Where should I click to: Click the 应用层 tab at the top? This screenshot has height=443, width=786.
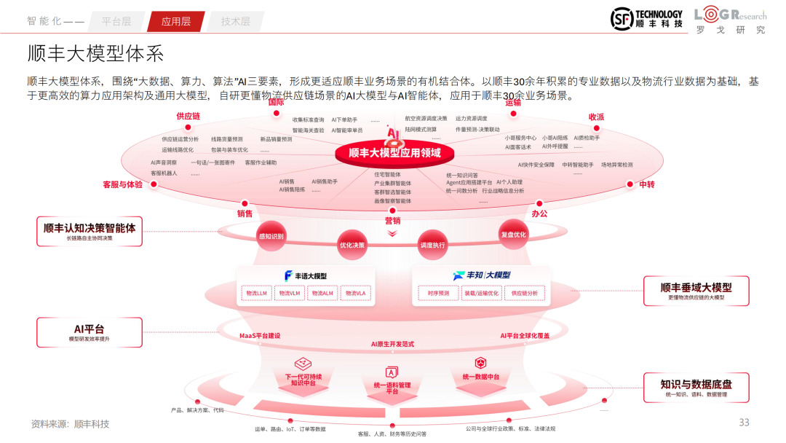[x=175, y=21]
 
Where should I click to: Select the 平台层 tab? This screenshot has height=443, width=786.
[x=116, y=21]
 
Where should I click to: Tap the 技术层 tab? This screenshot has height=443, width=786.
[x=235, y=21]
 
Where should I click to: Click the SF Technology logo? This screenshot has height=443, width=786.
[x=646, y=19]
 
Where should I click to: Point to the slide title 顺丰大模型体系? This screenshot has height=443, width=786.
[x=95, y=54]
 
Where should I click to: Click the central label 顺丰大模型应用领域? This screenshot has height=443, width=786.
[x=394, y=153]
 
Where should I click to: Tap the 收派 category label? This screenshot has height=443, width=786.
[x=596, y=117]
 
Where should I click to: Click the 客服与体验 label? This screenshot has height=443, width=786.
[x=122, y=184]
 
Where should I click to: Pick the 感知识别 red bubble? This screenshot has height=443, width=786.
[x=271, y=236]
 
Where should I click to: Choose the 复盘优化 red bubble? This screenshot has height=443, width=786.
[x=513, y=235]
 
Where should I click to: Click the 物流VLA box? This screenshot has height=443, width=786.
[x=356, y=293]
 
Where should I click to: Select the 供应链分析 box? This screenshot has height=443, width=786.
[x=524, y=293]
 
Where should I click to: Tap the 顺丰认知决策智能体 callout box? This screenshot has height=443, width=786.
[x=90, y=230]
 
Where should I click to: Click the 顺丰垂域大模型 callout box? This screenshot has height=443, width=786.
[x=696, y=291]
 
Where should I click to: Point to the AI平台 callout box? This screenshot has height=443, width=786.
[x=90, y=332]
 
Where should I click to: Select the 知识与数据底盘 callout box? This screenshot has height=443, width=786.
[x=696, y=388]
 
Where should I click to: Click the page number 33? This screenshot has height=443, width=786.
[x=744, y=423]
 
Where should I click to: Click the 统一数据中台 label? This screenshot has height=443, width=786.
[x=480, y=377]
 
